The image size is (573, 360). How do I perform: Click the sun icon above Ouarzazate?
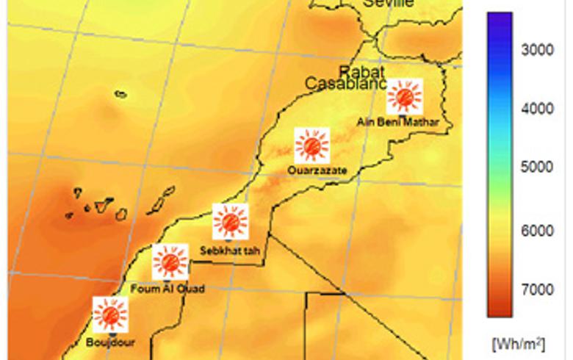312,145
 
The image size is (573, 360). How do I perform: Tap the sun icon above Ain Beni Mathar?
404,96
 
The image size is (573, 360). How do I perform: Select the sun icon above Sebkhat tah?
231,221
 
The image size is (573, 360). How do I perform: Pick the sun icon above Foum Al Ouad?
170,262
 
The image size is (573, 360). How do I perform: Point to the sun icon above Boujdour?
110,314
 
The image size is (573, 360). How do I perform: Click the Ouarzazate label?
317,171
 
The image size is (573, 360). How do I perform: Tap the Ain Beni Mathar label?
397,123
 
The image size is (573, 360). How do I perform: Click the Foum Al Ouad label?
167,289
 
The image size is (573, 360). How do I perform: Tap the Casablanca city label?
345,84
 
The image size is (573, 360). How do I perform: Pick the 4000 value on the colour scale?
537,109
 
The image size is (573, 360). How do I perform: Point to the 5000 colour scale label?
537,167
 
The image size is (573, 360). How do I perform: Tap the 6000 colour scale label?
537,231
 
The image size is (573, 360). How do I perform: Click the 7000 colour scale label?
537,289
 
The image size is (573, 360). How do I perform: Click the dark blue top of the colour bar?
500,22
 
